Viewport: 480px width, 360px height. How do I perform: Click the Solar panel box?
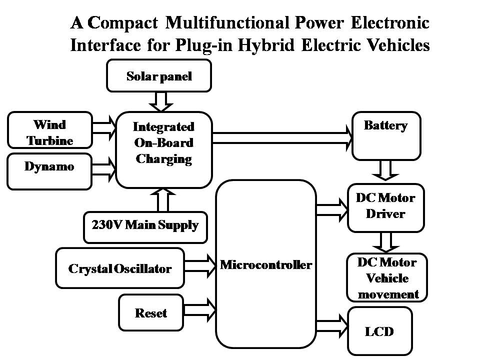[159, 77]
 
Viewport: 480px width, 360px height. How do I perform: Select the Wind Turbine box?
[50, 131]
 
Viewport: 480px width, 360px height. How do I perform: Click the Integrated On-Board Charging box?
[164, 149]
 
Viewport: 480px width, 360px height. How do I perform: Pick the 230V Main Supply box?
[145, 225]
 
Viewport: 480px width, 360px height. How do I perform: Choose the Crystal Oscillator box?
[120, 268]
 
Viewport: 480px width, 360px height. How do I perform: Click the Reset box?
[151, 313]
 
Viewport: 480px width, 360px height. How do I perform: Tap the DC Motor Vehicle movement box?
[387, 278]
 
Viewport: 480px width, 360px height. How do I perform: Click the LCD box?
[379, 331]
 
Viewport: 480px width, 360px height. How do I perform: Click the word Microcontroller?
[266, 264]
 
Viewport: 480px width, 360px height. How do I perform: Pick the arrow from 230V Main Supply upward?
[164, 199]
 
